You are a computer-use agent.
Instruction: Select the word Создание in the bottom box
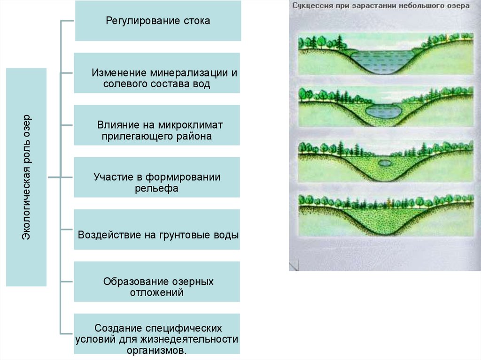click(117, 328)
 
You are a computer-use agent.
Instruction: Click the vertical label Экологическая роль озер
click(27, 177)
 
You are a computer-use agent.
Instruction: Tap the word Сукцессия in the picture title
click(312, 6)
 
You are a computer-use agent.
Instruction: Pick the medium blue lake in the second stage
click(383, 111)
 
